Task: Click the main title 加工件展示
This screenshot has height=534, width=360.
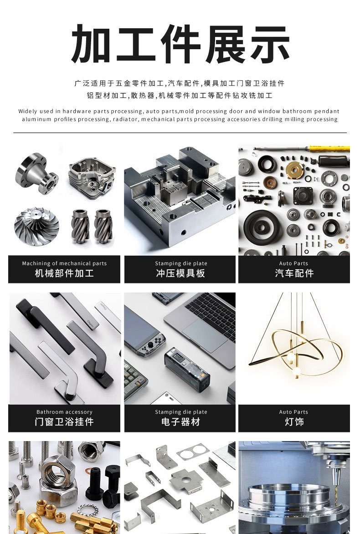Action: [x=180, y=44]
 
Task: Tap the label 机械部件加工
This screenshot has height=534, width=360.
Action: [x=64, y=273]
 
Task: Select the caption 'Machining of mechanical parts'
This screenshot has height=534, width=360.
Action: [x=64, y=263]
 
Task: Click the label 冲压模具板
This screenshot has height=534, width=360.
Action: [x=180, y=273]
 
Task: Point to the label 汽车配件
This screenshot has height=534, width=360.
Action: [x=294, y=273]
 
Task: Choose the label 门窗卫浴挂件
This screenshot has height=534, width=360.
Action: [x=64, y=421]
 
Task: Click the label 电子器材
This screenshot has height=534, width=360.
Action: [x=180, y=421]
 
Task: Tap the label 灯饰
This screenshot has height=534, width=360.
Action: [x=294, y=421]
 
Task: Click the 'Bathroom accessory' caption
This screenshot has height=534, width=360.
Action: [x=64, y=412]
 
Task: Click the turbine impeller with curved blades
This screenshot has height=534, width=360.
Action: [x=36, y=226]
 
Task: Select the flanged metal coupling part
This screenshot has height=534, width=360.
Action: [x=37, y=174]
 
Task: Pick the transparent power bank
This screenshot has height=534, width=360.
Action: [x=187, y=370]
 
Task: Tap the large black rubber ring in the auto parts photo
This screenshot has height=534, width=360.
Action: [x=262, y=226]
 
